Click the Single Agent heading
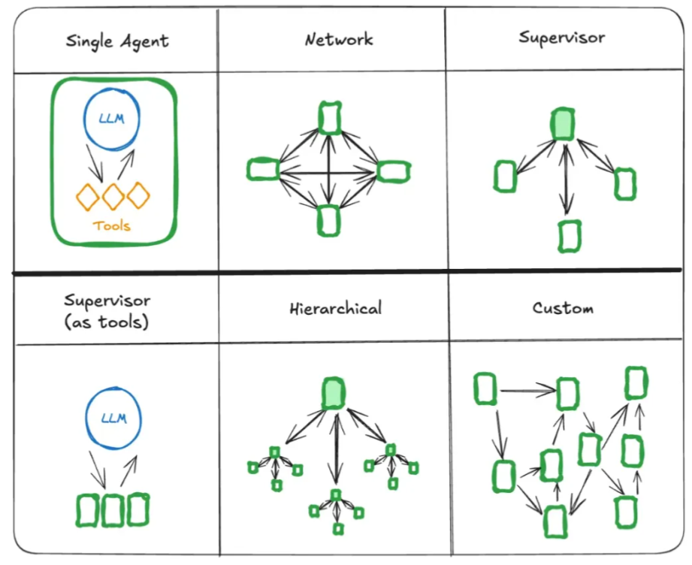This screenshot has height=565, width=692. pyautogui.click(x=117, y=42)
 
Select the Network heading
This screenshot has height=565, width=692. pyautogui.click(x=339, y=40)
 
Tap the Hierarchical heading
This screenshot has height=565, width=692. pyautogui.click(x=336, y=308)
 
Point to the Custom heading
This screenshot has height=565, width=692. pyautogui.click(x=563, y=307)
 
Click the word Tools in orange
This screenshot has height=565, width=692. pyautogui.click(x=112, y=226)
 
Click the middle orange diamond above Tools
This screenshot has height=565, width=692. pyautogui.click(x=113, y=196)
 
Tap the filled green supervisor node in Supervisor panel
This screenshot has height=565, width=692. pyautogui.click(x=563, y=124)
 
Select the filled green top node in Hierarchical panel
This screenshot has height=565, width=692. pyautogui.click(x=334, y=393)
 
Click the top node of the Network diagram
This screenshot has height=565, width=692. pyautogui.click(x=330, y=118)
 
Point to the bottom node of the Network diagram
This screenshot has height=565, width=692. pyautogui.click(x=329, y=220)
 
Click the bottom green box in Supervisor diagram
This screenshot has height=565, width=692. pyautogui.click(x=570, y=237)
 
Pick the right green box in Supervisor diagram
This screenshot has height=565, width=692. pyautogui.click(x=625, y=183)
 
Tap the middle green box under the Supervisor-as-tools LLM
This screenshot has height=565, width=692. pyautogui.click(x=113, y=511)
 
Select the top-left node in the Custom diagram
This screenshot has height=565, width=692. pyautogui.click(x=485, y=389)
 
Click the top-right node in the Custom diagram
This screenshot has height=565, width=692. pyautogui.click(x=636, y=382)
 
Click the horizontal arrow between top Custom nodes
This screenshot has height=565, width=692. pyautogui.click(x=528, y=390)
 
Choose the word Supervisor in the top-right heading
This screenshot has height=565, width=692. pyautogui.click(x=562, y=38)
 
